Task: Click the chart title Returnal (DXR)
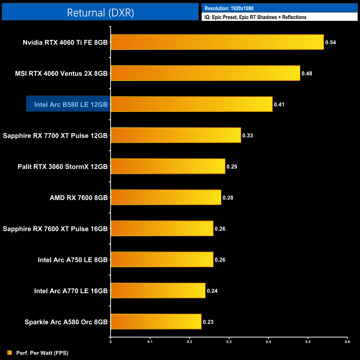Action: tap(100, 13)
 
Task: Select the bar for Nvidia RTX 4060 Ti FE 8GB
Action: tap(217, 42)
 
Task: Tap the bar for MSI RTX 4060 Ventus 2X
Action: tap(205, 73)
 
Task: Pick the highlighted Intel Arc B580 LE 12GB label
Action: tap(71, 104)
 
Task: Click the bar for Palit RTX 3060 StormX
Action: tap(168, 166)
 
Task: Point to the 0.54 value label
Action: tap(330, 42)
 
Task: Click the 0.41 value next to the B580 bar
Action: tap(279, 104)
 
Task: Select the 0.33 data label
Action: tap(248, 135)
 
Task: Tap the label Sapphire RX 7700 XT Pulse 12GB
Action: tap(55, 135)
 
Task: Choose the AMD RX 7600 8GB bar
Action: tap(166, 197)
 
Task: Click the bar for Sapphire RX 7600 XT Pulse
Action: tap(162, 228)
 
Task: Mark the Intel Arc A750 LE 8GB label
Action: tap(73, 260)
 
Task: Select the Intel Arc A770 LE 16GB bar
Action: tap(158, 290)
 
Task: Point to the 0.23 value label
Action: tap(208, 322)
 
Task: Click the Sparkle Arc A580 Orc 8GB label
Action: tap(66, 322)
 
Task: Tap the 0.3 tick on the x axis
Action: tap(229, 342)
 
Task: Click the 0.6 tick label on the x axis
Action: tap(347, 342)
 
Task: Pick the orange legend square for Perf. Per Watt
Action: tap(10, 353)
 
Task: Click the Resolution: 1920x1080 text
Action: tap(229, 8)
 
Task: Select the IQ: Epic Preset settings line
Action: tap(255, 17)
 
